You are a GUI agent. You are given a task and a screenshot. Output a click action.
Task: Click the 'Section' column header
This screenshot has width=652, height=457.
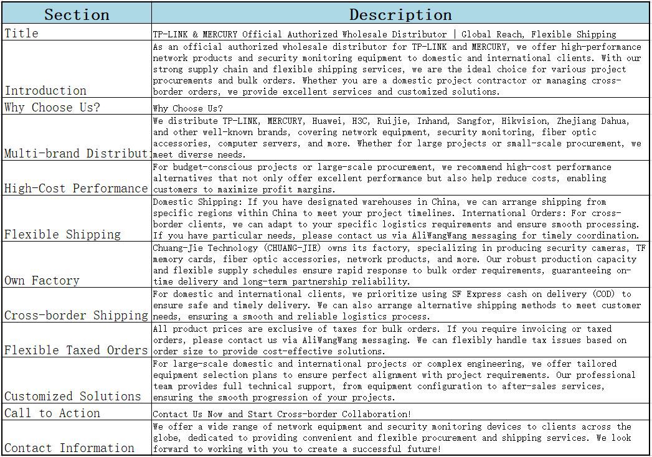[x=77, y=14]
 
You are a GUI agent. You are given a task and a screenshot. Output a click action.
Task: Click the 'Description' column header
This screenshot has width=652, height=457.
[x=400, y=14]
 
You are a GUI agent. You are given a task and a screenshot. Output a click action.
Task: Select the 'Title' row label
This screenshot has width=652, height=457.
[x=22, y=34]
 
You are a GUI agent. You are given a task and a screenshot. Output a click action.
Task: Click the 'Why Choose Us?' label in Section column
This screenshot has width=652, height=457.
[x=52, y=107]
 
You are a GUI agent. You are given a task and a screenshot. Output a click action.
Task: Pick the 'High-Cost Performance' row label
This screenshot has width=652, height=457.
[x=76, y=188]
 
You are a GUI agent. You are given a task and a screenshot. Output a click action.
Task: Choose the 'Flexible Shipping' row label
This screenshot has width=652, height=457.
[x=63, y=234]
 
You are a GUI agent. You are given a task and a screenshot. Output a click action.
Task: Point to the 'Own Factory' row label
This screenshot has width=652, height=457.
[x=42, y=280]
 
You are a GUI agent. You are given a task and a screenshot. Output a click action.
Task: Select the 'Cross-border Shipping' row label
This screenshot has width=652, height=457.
[x=76, y=315]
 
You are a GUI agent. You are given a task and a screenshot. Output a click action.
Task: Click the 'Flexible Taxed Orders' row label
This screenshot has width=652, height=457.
[x=76, y=350]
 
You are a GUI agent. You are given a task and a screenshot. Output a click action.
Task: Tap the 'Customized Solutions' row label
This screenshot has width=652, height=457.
[x=73, y=396]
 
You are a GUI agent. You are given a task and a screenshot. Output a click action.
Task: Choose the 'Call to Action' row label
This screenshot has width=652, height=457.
[x=52, y=413]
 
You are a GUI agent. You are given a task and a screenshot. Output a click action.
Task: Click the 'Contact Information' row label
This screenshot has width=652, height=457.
[x=70, y=448]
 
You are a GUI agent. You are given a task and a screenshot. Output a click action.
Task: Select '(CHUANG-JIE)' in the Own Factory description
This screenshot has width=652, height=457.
[x=286, y=248]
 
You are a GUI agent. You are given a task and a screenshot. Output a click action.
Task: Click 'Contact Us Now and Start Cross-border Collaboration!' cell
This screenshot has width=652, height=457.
[x=282, y=414]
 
